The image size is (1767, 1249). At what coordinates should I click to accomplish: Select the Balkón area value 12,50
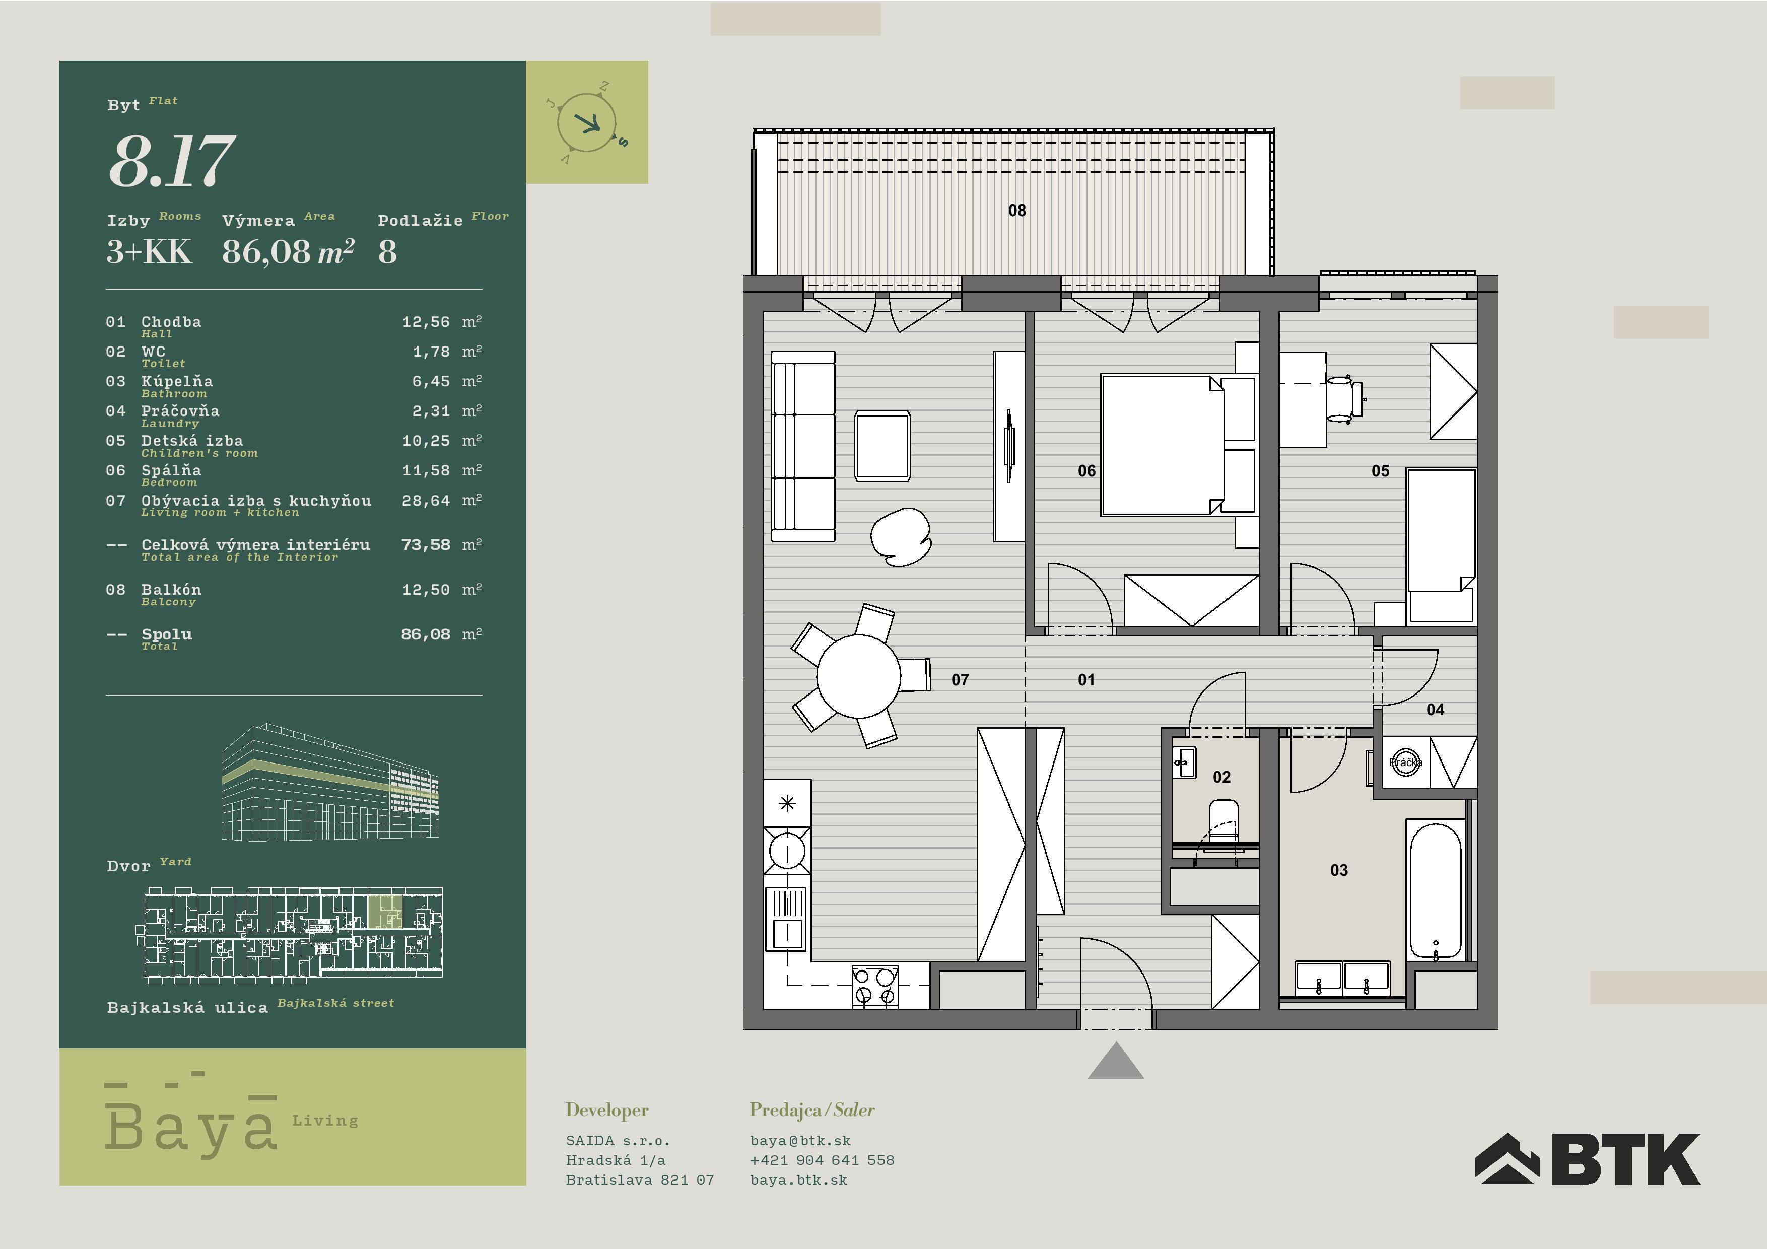tap(426, 590)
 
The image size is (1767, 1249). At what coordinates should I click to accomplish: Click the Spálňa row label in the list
tap(171, 470)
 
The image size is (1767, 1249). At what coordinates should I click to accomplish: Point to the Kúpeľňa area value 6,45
tap(431, 382)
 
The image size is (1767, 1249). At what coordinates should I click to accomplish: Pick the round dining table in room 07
tap(858, 676)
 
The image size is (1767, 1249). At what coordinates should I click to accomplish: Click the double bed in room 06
tap(1178, 445)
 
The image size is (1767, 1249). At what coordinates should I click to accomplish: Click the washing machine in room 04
tap(1406, 762)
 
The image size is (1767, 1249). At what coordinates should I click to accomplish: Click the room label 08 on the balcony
tap(1016, 210)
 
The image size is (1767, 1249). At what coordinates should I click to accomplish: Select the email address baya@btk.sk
tap(800, 1141)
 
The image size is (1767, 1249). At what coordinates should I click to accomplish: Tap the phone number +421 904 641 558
tap(822, 1160)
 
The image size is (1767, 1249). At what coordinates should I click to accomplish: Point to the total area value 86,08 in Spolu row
tap(426, 634)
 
